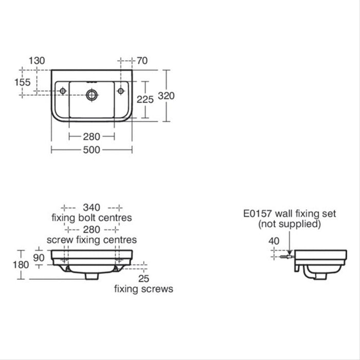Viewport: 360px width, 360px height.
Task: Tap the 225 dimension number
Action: (146, 100)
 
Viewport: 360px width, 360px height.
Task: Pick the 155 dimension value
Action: (23, 82)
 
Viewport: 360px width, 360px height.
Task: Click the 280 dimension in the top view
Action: (92, 136)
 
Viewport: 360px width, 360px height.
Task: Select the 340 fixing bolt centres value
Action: (92, 207)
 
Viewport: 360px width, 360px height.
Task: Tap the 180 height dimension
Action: (21, 265)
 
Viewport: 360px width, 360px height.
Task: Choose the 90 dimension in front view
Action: (39, 258)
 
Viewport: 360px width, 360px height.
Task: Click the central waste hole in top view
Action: (92, 94)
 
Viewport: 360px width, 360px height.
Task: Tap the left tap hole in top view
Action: (63, 91)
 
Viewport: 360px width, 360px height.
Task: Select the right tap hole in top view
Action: (121, 91)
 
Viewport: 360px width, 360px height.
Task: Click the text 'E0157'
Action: (259, 213)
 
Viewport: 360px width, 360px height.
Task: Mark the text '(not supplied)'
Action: (289, 224)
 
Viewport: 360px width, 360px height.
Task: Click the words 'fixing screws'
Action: (143, 289)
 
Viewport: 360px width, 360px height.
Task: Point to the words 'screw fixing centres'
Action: (92, 240)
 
